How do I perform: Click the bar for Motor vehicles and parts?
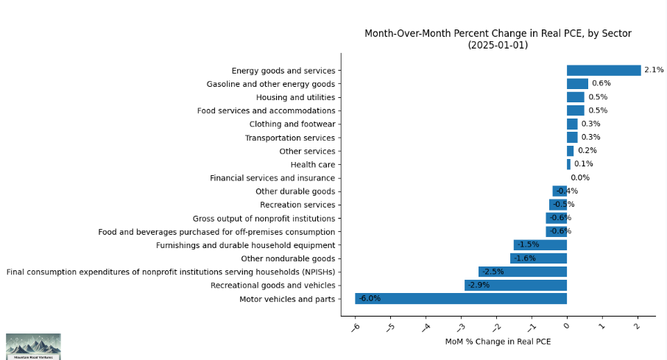461,299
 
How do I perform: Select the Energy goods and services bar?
604,71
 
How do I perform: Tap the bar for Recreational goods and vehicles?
515,285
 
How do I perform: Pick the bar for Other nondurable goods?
538,258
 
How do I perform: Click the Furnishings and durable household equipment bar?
540,245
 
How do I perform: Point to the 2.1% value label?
654,71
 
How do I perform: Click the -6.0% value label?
370,299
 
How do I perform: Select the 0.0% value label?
580,178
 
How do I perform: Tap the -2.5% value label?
493,272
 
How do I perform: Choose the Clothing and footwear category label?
292,124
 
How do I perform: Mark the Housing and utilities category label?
295,97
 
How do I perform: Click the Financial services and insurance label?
272,178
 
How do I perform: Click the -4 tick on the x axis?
426,325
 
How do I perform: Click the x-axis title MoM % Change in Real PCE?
498,342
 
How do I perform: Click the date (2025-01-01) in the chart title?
498,45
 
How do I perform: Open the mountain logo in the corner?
33,346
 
